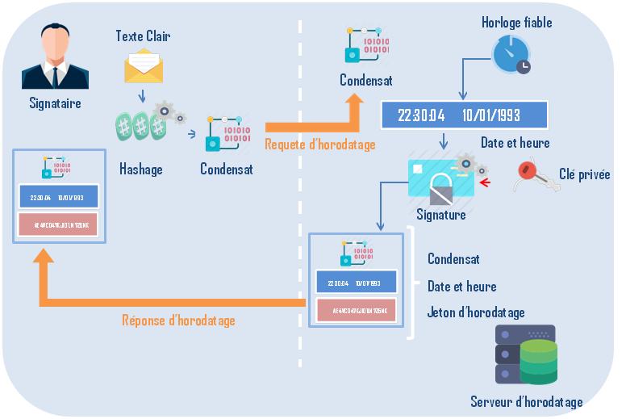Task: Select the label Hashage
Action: pyautogui.click(x=141, y=169)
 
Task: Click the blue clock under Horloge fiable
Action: pyautogui.click(x=511, y=54)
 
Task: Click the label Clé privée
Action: pyautogui.click(x=585, y=174)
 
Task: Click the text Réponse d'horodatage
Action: pyautogui.click(x=178, y=321)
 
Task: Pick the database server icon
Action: pyautogui.click(x=526, y=355)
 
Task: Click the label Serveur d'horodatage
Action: pyautogui.click(x=526, y=401)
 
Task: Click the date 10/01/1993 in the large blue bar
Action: pyautogui.click(x=491, y=115)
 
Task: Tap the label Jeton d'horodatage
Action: pyautogui.click(x=476, y=312)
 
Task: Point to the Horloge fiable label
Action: pyautogui.click(x=516, y=23)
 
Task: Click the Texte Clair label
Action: pyautogui.click(x=143, y=36)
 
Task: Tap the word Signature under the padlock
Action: pyautogui.click(x=441, y=216)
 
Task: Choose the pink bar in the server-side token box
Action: pyautogui.click(x=357, y=310)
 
